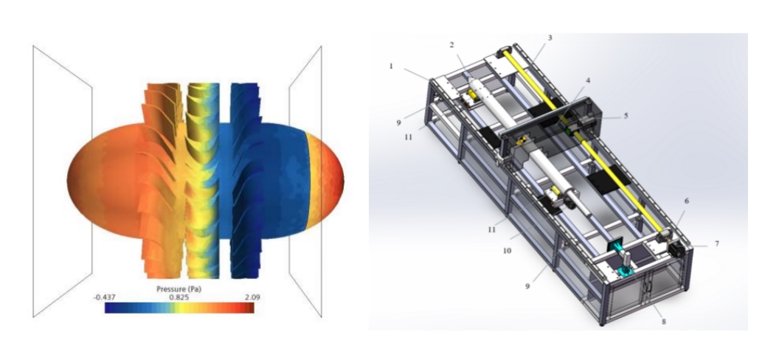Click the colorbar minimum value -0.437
pyautogui.click(x=105, y=297)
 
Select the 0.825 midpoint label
pyautogui.click(x=179, y=297)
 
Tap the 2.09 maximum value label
pyautogui.click(x=252, y=297)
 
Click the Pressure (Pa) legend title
pyautogui.click(x=179, y=288)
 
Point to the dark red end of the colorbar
pyautogui.click(x=250, y=308)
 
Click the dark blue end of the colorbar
pyautogui.click(x=109, y=308)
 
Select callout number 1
pyautogui.click(x=391, y=66)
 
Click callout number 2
pyautogui.click(x=452, y=45)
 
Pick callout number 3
pyautogui.click(x=550, y=38)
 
